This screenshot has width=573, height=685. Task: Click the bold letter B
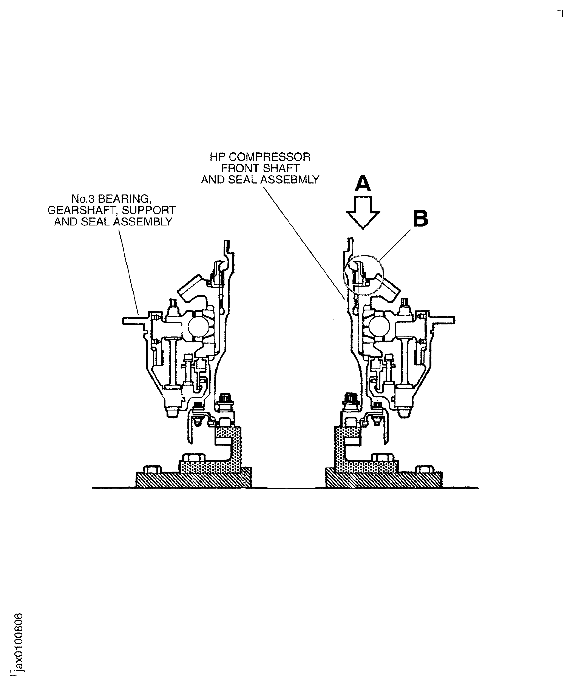pyautogui.click(x=421, y=219)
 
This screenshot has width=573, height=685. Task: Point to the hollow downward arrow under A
pyautogui.click(x=363, y=212)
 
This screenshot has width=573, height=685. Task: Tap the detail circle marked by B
pyautogui.click(x=364, y=275)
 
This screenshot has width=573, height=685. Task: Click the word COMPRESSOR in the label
pyautogui.click(x=270, y=157)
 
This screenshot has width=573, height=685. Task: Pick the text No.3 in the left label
pyautogui.click(x=83, y=199)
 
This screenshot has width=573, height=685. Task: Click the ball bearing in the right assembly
pyautogui.click(x=379, y=327)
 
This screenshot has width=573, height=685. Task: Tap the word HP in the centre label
pyautogui.click(x=217, y=157)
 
